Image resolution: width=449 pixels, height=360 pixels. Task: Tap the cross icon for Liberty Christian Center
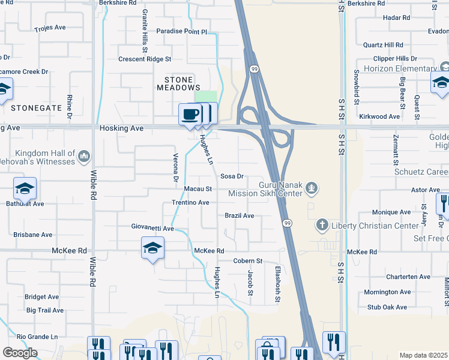click(322, 226)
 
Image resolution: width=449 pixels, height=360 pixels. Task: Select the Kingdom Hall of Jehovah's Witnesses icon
click(84, 157)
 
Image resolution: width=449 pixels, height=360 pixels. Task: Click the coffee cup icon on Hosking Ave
click(190, 114)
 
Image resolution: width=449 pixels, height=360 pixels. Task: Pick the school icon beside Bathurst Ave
click(25, 189)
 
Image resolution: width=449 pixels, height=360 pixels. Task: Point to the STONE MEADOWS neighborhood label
click(178, 83)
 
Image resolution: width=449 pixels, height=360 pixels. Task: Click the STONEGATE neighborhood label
click(36, 107)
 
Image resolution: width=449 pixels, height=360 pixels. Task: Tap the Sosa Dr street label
click(232, 176)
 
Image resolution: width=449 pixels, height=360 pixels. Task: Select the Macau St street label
click(198, 189)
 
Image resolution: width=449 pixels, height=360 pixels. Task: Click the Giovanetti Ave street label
click(152, 228)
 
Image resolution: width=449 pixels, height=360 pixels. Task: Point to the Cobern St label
click(248, 261)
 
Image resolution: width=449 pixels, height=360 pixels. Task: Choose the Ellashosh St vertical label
click(277, 284)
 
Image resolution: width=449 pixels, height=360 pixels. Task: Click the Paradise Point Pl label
click(181, 31)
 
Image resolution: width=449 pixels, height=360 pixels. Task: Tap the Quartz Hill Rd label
click(383, 45)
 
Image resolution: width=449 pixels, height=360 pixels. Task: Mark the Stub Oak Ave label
click(387, 307)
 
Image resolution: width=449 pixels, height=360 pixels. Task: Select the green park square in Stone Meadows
click(205, 97)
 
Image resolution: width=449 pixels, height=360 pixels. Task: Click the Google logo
click(20, 353)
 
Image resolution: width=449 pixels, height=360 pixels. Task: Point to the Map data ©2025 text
click(424, 356)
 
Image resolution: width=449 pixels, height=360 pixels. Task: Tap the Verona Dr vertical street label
click(176, 170)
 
